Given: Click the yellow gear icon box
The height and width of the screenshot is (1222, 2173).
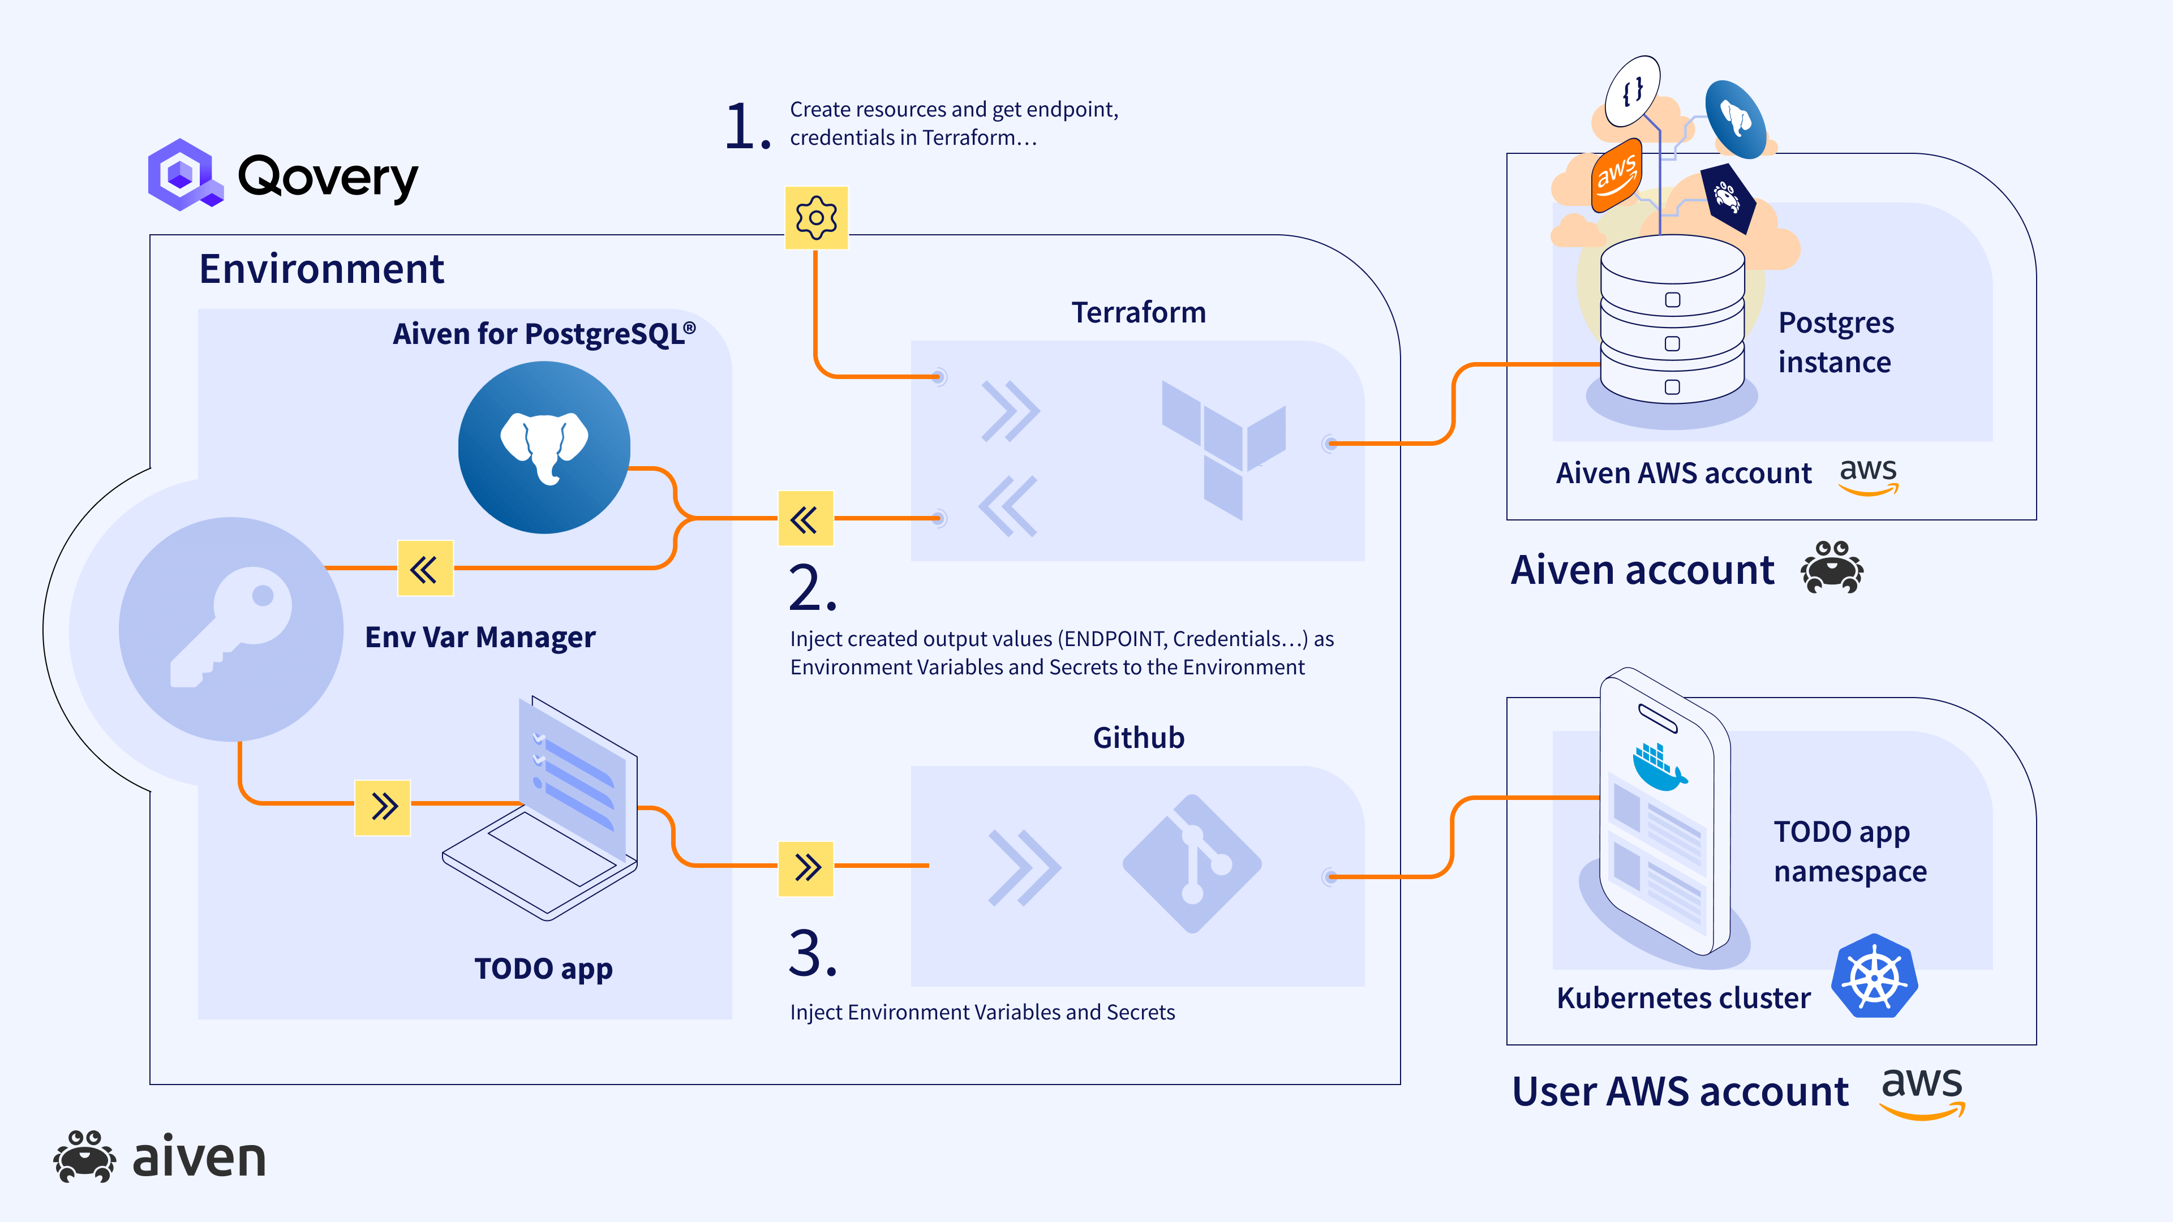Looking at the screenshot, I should pyautogui.click(x=815, y=218).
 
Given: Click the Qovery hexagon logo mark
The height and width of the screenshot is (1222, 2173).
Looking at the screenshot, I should pyautogui.click(x=183, y=175).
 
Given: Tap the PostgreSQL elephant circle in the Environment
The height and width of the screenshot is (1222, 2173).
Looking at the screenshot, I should pyautogui.click(x=544, y=447).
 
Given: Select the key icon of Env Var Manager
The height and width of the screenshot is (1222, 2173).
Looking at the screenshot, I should pyautogui.click(x=231, y=629).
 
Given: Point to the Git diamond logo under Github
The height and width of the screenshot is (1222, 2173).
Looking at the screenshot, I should pyautogui.click(x=1192, y=863).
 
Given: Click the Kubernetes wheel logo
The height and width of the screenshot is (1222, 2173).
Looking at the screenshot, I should pyautogui.click(x=1874, y=976).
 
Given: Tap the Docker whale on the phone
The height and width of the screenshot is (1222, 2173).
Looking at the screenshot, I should pyautogui.click(x=1657, y=766).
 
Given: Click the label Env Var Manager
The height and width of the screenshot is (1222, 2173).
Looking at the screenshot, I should pyautogui.click(x=479, y=636).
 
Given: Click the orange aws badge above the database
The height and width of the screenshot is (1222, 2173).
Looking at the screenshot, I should pyautogui.click(x=1616, y=175).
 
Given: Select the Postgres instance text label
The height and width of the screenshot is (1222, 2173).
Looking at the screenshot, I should pyautogui.click(x=1836, y=342).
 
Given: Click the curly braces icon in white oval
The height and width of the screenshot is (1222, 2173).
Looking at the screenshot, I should pyautogui.click(x=1632, y=91).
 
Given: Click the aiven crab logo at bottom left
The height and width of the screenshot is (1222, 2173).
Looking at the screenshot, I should pyautogui.click(x=84, y=1156).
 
